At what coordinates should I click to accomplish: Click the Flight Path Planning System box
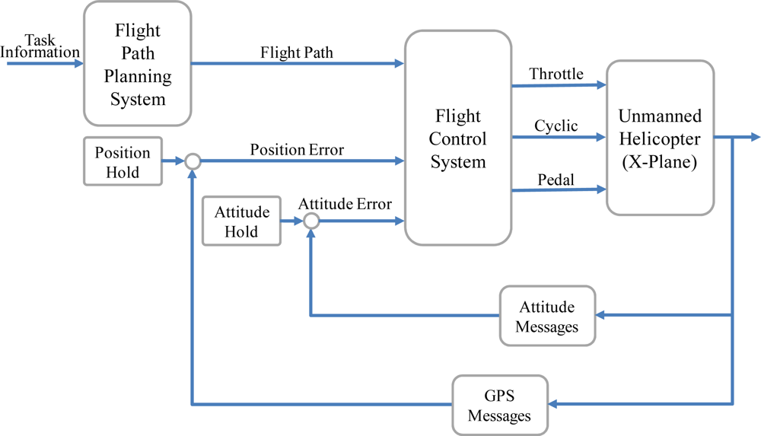(138, 64)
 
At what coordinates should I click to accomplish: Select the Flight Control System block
(457, 138)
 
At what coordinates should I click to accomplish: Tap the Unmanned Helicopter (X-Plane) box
(660, 138)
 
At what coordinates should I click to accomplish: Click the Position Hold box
(123, 161)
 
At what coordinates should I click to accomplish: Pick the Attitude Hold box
(241, 221)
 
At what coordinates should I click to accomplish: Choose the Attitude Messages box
(547, 316)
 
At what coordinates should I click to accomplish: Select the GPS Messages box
(500, 405)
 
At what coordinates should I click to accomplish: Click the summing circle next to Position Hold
(193, 161)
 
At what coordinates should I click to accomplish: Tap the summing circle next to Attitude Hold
(310, 221)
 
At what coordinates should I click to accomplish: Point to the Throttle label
(556, 74)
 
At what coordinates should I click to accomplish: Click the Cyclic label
(556, 126)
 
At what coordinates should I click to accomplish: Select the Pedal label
(556, 180)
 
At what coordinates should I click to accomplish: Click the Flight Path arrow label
(296, 53)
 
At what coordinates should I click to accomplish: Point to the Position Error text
(297, 150)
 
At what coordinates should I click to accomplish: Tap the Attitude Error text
(345, 204)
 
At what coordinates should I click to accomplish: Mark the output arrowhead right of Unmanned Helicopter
(755, 137)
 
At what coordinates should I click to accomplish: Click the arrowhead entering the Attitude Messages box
(600, 316)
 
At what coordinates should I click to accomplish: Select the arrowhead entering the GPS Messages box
(553, 404)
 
